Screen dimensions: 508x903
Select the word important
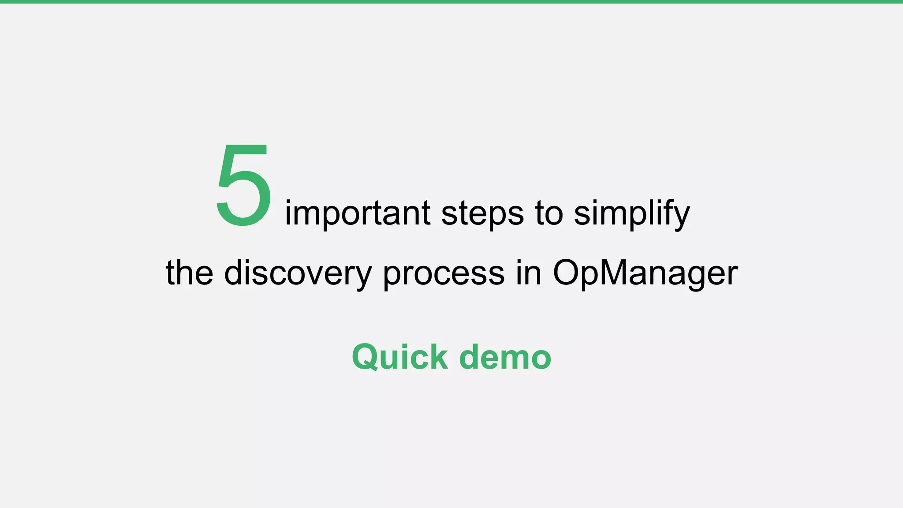coord(357,213)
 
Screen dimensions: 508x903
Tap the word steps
coord(482,213)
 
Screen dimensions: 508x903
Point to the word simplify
coord(631,213)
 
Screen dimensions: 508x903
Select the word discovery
coord(298,273)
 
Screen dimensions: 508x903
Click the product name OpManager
coord(645,273)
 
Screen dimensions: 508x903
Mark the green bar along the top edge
coord(451,2)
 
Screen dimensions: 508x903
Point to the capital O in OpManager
coord(567,273)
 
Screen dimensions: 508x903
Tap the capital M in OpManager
coord(606,273)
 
